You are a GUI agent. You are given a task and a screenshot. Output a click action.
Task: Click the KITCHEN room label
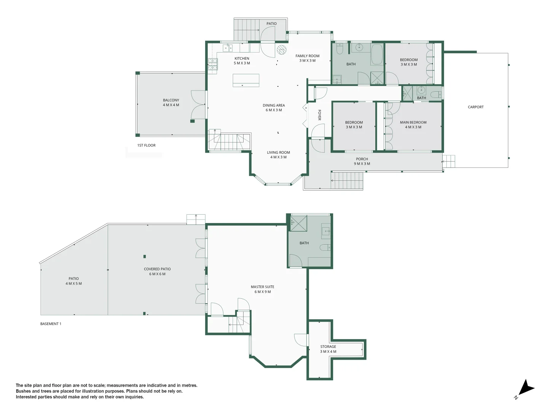(x=242, y=61)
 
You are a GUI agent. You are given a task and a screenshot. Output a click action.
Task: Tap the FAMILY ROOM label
(x=307, y=58)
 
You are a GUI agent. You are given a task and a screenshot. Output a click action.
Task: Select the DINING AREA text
(x=274, y=108)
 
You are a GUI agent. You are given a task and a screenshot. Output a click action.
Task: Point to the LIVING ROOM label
(x=278, y=155)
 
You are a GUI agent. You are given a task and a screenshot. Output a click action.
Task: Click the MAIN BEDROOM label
(x=413, y=125)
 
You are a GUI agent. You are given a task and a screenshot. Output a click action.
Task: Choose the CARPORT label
(x=475, y=107)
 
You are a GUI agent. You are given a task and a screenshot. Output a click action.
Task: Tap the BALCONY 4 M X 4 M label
(x=171, y=102)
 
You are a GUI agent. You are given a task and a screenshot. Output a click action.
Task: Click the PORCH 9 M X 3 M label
(x=362, y=161)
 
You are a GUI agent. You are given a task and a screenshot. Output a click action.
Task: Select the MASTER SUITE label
(x=262, y=289)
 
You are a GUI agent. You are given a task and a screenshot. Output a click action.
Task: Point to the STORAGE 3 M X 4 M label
(x=328, y=349)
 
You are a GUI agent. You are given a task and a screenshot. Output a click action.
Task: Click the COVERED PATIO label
(x=157, y=271)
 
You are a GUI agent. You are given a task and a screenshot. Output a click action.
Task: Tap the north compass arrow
(x=526, y=389)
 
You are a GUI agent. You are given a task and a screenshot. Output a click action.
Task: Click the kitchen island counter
(x=246, y=80)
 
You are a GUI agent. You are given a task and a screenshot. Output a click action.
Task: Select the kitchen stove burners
(x=212, y=65)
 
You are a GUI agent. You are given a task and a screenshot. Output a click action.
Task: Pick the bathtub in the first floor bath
(x=377, y=55)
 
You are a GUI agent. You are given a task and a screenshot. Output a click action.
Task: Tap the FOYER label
(x=319, y=115)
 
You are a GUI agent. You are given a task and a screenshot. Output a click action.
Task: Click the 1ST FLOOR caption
(x=146, y=145)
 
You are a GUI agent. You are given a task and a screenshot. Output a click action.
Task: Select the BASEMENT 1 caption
(x=51, y=324)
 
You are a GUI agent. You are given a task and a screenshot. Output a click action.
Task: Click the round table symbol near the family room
(x=281, y=50)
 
